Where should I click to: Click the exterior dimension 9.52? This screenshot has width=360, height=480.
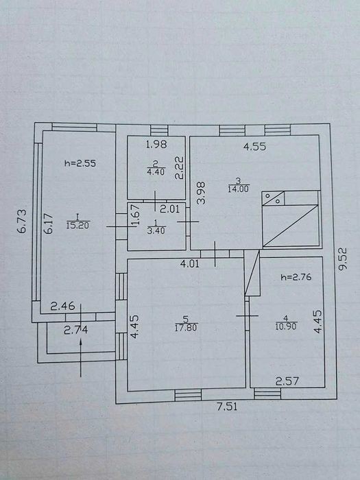pos(344,259)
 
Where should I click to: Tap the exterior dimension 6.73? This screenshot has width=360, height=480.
pos(22,221)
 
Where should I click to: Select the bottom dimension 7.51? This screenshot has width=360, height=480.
pos(227,407)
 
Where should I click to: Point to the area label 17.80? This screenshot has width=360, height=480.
pos(186,328)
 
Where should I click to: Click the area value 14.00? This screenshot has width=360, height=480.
pos(238,189)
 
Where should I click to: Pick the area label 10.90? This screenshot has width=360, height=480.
pos(286,326)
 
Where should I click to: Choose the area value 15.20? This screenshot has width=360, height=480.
pos(77,226)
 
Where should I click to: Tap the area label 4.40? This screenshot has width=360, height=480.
pos(156,171)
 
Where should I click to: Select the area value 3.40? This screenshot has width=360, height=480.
pos(156,230)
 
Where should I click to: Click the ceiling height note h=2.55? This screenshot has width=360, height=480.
pos(80,163)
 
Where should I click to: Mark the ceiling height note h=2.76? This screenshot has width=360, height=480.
pos(296,277)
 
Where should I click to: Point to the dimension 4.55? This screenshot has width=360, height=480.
pos(254,147)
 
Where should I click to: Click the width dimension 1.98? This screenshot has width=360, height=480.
pos(156,144)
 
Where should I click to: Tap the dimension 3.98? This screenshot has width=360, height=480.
pos(201,193)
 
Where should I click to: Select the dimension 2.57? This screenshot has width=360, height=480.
pos(287,381)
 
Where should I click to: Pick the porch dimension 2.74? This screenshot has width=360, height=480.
pos(76,330)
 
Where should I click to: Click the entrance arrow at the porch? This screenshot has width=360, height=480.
pos(81,357)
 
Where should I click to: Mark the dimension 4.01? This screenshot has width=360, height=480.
pos(190,263)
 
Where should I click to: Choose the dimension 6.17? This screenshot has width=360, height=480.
pos(49,224)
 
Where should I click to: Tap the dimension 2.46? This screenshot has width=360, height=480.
pos(63,306)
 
